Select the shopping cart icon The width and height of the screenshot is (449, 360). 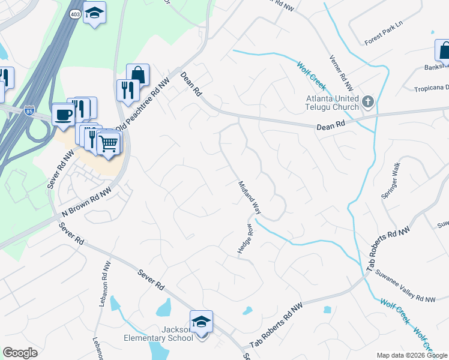(109, 143)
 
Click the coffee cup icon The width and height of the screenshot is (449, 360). (63, 113)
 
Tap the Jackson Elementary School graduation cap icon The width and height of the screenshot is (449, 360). (201, 321)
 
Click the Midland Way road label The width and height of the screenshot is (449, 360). (249, 197)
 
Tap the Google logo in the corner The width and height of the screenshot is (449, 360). (20, 353)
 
